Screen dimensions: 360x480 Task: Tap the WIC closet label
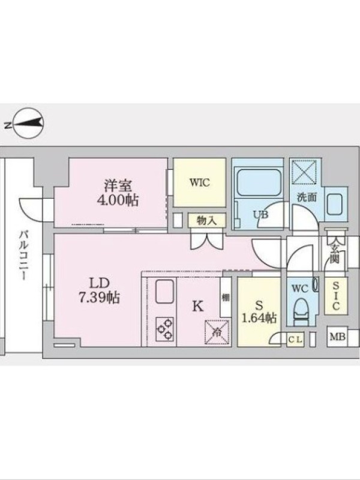200,182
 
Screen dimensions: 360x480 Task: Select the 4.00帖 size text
118,200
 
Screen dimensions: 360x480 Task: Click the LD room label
99,283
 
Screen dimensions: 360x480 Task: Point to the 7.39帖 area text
99,297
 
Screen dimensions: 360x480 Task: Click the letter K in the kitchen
197,306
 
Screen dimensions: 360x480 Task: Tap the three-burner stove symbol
164,329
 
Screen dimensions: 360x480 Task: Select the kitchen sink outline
164,292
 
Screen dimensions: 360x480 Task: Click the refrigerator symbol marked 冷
217,332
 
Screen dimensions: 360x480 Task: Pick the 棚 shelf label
226,297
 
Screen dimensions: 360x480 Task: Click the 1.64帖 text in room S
259,319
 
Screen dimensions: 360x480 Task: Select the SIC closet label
336,296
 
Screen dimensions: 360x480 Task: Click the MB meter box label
337,337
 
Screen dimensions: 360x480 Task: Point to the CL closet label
295,340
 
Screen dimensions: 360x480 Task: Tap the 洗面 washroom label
307,197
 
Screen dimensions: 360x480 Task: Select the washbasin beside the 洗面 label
336,204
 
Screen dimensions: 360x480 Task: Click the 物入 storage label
207,220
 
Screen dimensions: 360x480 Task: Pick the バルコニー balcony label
23,256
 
